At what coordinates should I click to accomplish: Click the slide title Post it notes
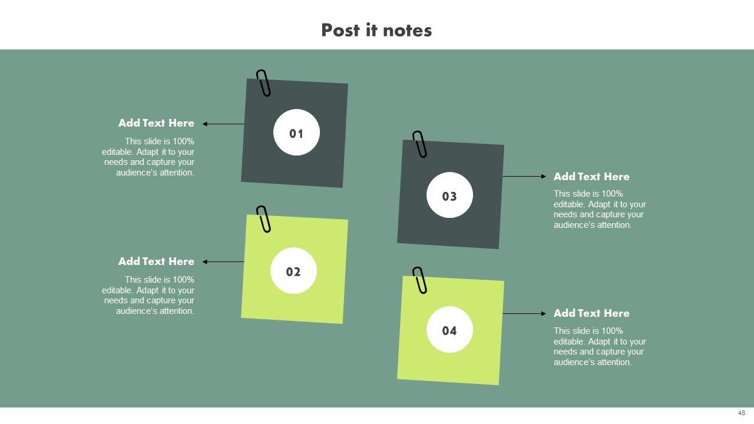[x=376, y=30]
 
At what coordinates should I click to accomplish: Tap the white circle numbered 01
[x=296, y=132]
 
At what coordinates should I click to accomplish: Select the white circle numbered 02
[x=293, y=271]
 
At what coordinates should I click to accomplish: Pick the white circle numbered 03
[x=449, y=195]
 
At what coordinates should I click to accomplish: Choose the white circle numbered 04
[x=449, y=330]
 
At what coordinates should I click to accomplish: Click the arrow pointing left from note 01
[x=223, y=124]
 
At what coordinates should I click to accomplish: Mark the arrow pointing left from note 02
[x=223, y=262]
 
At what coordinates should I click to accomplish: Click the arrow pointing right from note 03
[x=524, y=176]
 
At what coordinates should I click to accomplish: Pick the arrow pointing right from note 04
[x=524, y=314]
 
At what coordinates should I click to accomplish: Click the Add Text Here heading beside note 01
[x=156, y=123]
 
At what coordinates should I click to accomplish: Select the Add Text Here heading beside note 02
[x=156, y=261]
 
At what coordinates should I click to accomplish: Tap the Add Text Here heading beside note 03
[x=591, y=177]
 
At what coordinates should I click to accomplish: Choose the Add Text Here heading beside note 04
[x=591, y=313]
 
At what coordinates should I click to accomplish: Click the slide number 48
[x=742, y=413]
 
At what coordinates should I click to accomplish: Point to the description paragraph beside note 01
[x=148, y=157]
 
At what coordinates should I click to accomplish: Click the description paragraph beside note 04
[x=600, y=347]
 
